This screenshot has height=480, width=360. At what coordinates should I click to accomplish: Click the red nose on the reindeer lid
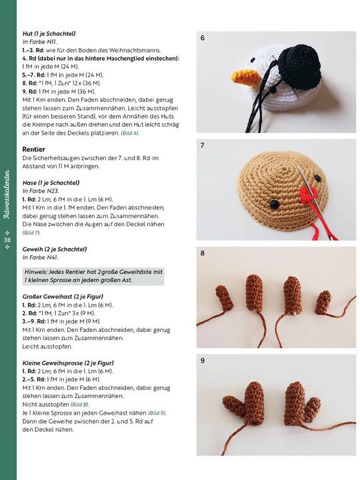(x=307, y=194)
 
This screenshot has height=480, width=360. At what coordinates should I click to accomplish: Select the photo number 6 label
(x=202, y=38)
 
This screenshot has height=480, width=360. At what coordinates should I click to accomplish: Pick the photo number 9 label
(x=202, y=361)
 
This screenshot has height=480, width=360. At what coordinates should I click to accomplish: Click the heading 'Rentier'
(x=33, y=149)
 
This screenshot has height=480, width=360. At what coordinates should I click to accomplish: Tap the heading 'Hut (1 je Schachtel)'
(x=49, y=34)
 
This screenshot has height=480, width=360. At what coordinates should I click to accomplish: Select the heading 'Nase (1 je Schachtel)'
(x=51, y=183)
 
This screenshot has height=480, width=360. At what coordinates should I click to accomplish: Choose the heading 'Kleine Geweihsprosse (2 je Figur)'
(x=68, y=363)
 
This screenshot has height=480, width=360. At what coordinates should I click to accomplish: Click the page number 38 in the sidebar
(x=7, y=240)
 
